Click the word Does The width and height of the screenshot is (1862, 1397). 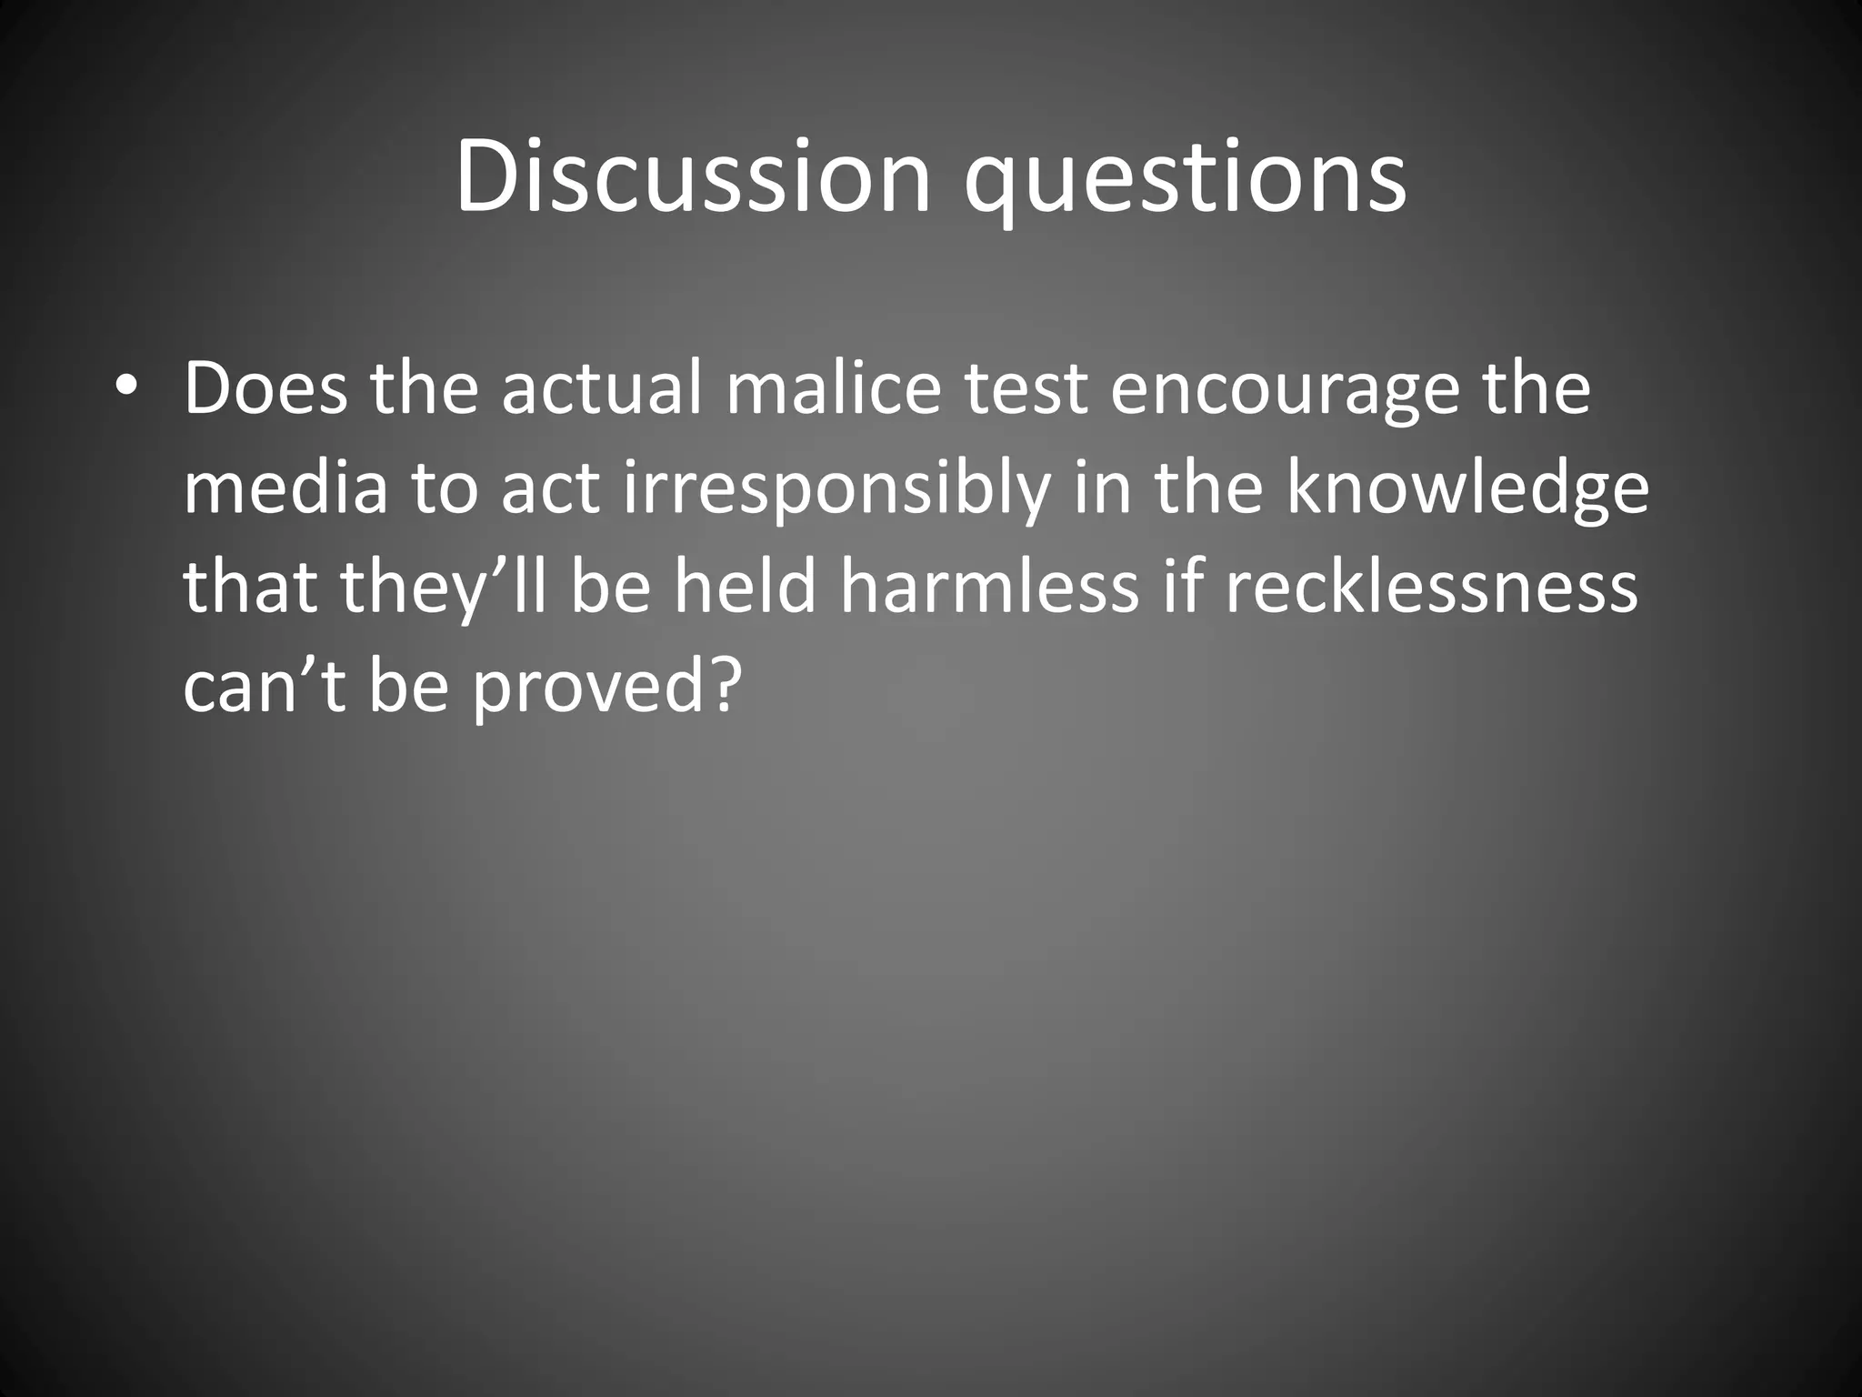pyautogui.click(x=265, y=388)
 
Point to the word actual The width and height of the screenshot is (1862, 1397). pyautogui.click(x=602, y=388)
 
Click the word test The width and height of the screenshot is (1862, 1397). pyautogui.click(x=1025, y=388)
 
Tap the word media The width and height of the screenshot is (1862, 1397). pyautogui.click(x=285, y=488)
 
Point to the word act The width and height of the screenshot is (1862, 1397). pyautogui.click(x=549, y=488)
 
